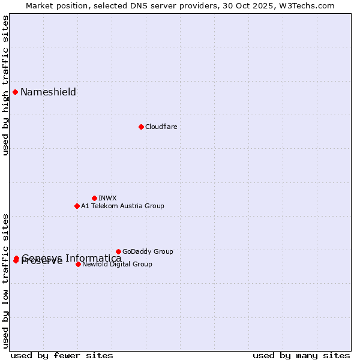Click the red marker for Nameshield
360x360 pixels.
tap(16, 92)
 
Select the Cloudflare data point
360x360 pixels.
tap(141, 127)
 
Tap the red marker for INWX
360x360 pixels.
tap(94, 198)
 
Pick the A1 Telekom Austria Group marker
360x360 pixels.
tap(77, 206)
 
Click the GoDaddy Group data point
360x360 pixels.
tap(118, 251)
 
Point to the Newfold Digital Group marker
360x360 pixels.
tap(78, 264)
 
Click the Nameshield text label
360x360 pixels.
tap(48, 92)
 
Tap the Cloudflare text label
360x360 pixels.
tap(161, 127)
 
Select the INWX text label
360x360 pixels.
tap(107, 198)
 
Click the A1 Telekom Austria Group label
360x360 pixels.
tap(122, 206)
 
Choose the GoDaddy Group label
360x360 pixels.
tap(148, 251)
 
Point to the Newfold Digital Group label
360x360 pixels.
tap(117, 264)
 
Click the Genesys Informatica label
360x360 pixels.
tap(71, 258)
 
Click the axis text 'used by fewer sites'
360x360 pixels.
tap(62, 355)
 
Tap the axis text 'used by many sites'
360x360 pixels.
tap(301, 355)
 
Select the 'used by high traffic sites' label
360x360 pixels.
tap(5, 85)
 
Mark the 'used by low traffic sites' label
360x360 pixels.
tap(5, 281)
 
